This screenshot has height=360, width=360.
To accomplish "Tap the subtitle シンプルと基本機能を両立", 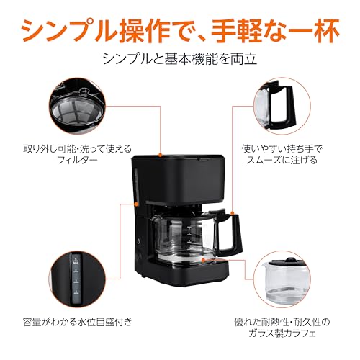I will coord(180,57).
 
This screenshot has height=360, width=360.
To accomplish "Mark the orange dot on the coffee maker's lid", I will coord(158,156).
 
